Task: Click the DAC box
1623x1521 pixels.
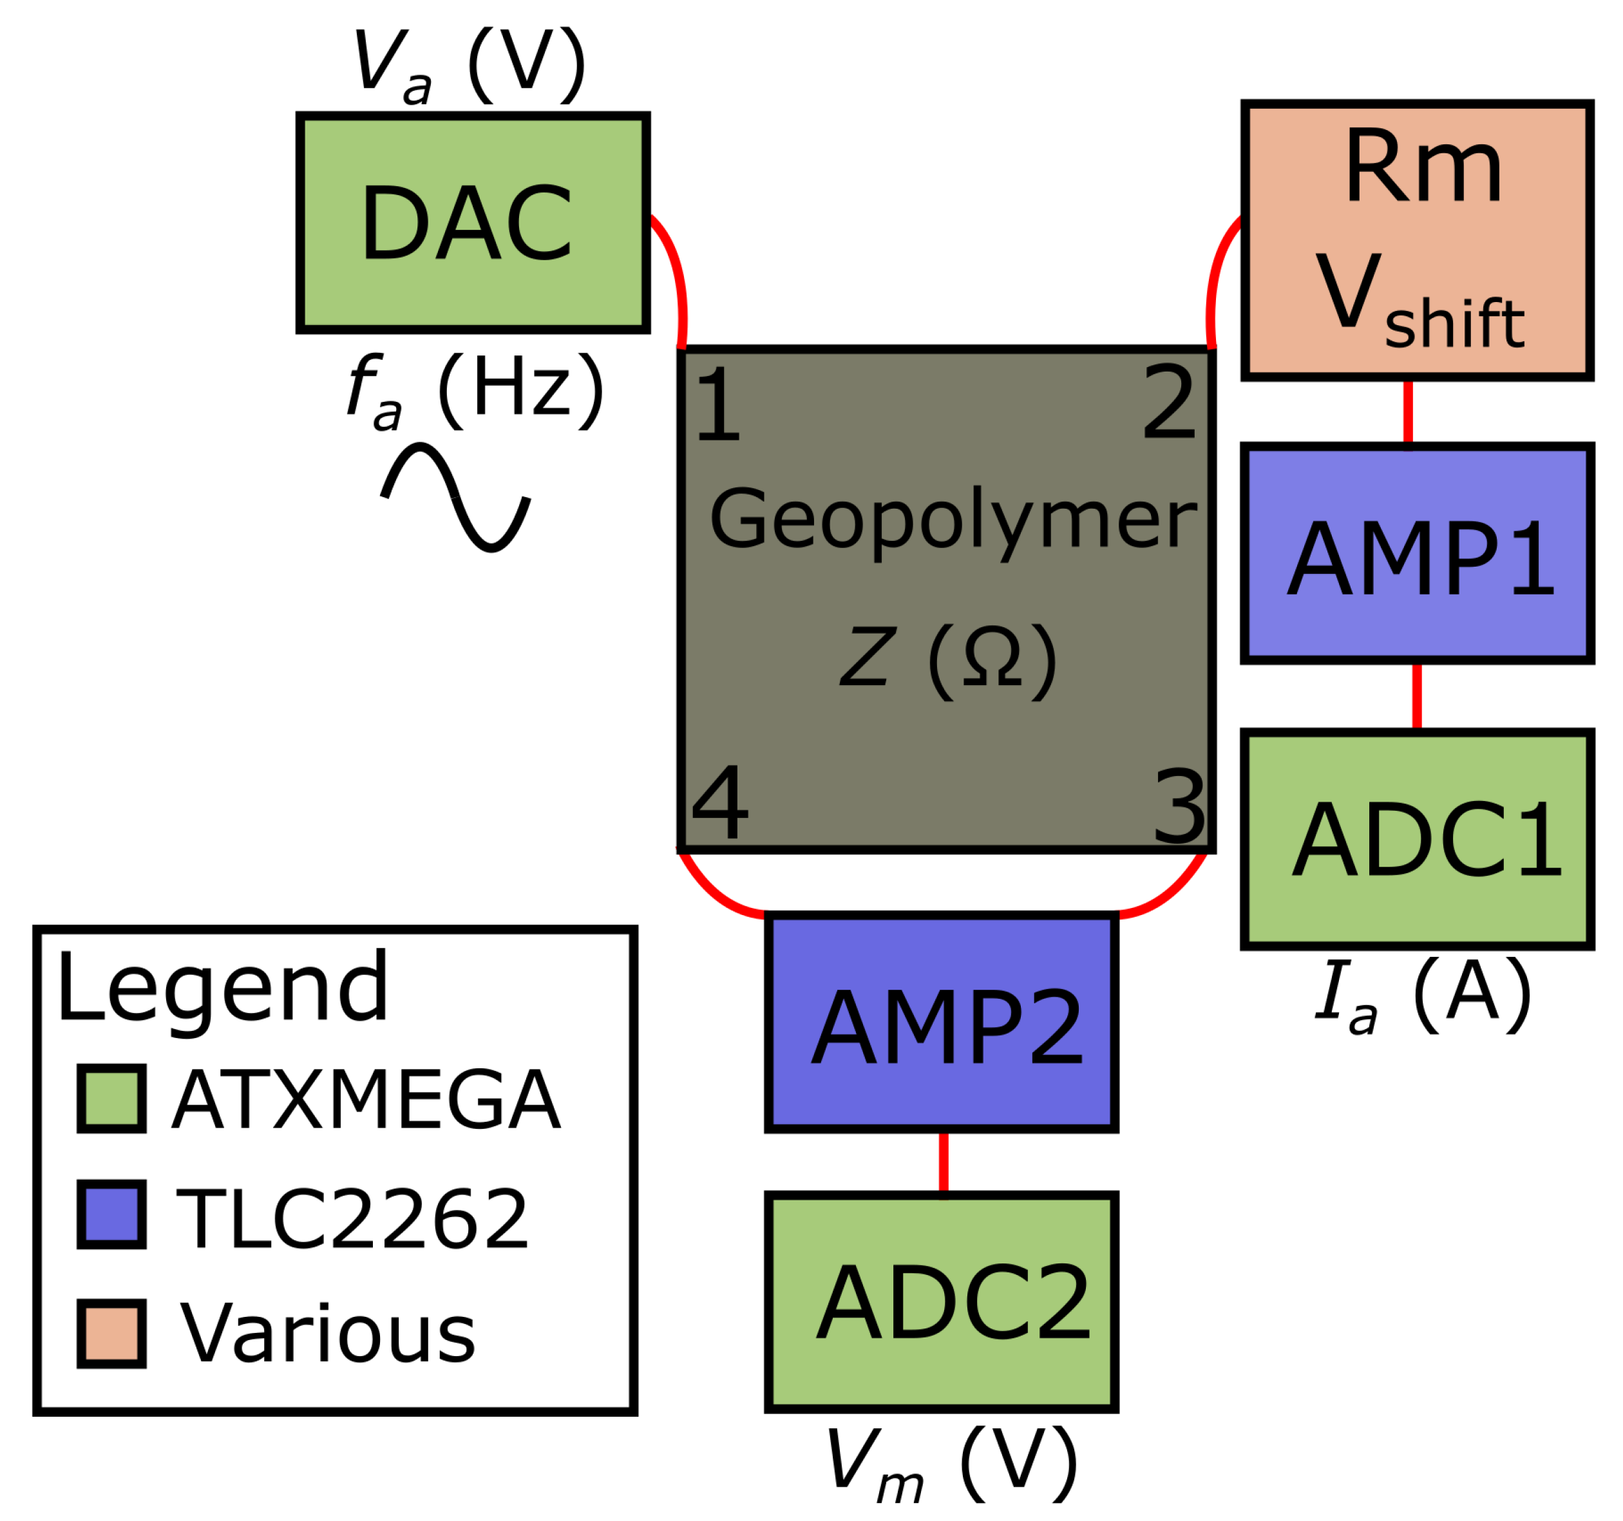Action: (473, 223)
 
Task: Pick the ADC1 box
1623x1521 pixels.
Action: (1418, 839)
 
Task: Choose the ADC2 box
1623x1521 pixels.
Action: (942, 1302)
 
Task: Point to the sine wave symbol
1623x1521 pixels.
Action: (455, 497)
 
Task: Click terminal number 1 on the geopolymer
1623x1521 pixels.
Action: (717, 405)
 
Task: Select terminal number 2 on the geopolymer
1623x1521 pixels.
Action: (1169, 402)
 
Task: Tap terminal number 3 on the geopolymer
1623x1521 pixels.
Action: (1178, 808)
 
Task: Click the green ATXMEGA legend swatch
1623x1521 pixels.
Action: (112, 1098)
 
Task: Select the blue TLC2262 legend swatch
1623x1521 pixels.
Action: (112, 1214)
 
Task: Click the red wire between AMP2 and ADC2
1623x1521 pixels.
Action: (943, 1164)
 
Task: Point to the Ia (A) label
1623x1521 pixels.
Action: (1421, 994)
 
